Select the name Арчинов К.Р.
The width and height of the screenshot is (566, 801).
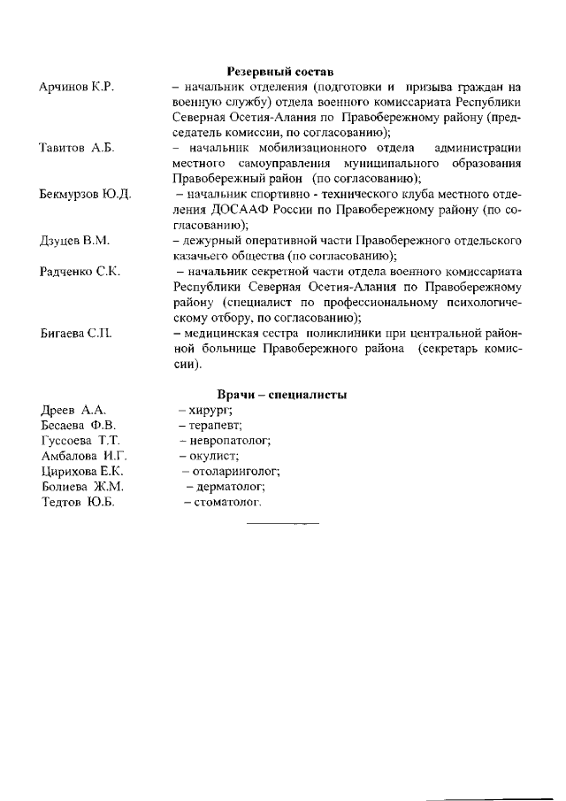coord(79,87)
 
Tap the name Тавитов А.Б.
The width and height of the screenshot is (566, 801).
coord(79,147)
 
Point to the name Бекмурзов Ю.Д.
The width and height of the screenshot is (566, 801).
coord(86,194)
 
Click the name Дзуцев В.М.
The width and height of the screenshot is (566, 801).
coord(75,240)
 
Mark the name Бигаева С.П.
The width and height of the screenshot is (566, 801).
coord(75,333)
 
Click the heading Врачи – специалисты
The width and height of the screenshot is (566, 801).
coord(281,395)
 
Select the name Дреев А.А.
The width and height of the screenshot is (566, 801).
coord(73,411)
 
